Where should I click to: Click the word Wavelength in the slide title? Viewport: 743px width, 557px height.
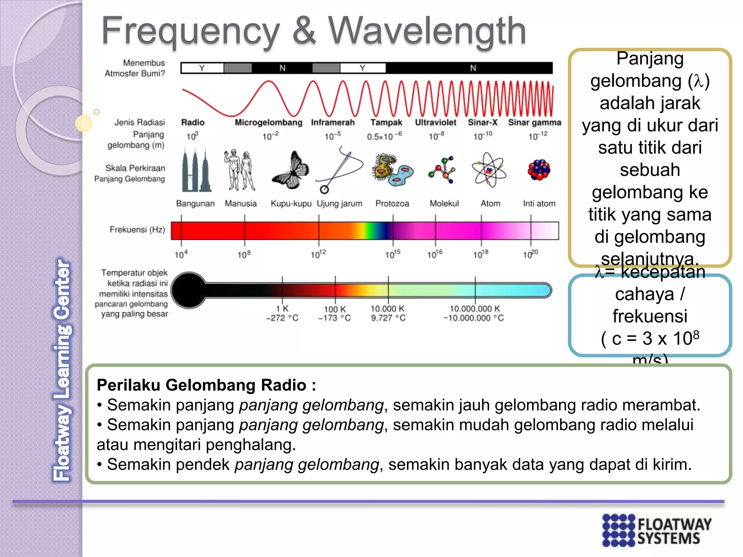(x=427, y=32)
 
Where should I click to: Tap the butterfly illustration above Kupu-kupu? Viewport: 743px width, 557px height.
(x=291, y=170)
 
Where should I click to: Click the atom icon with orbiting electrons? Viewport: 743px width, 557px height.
(x=489, y=170)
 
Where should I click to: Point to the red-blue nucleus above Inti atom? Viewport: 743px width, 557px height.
(x=539, y=170)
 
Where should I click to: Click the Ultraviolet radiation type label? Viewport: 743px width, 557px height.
(x=435, y=123)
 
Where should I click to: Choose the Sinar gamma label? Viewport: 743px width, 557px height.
(x=534, y=123)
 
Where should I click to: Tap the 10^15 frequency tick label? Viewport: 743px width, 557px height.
(x=393, y=254)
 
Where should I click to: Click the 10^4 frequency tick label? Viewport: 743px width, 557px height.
(x=181, y=254)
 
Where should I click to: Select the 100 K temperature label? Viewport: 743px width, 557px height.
(x=334, y=309)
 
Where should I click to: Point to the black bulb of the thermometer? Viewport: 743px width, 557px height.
(x=189, y=290)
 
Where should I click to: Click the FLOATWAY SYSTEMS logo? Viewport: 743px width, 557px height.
(x=657, y=530)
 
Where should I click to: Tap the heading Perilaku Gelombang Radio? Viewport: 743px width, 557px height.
(x=206, y=385)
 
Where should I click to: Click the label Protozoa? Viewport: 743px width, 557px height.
(x=392, y=204)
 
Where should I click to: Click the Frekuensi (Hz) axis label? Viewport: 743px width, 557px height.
(x=137, y=230)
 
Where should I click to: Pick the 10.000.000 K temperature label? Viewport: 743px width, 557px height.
(x=475, y=309)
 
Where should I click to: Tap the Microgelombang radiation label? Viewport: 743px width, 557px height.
(x=268, y=123)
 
